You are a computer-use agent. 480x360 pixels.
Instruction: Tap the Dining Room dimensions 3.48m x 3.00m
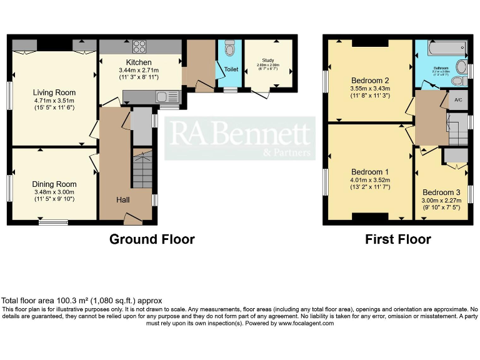click(54, 192)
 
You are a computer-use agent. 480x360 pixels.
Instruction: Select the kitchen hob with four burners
click(139, 46)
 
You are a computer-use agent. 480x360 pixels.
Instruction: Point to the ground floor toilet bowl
click(230, 49)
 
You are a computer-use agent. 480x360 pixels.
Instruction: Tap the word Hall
click(122, 200)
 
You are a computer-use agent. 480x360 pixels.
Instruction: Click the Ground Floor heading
click(152, 239)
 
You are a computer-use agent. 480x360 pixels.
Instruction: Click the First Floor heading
click(398, 239)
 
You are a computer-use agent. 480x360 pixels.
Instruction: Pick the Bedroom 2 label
click(370, 81)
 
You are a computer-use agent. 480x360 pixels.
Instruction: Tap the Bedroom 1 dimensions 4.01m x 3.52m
click(370, 179)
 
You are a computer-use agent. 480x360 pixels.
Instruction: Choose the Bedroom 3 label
click(441, 192)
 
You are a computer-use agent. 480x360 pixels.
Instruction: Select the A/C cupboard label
click(458, 100)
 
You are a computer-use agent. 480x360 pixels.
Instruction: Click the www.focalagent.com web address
click(306, 323)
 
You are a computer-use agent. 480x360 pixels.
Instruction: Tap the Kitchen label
click(139, 62)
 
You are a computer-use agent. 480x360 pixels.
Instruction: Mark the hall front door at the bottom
click(132, 219)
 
